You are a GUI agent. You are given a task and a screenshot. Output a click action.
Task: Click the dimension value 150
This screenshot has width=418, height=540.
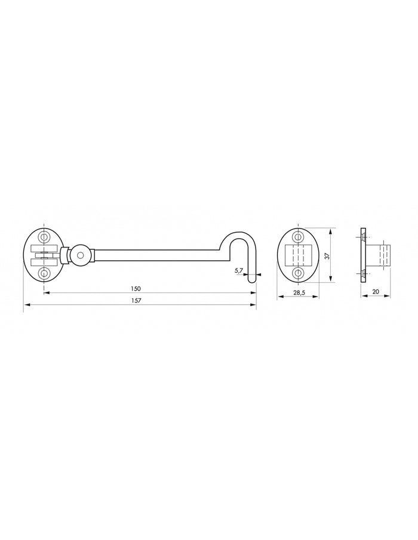(136, 288)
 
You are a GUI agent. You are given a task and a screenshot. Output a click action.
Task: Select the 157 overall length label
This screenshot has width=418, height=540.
(136, 300)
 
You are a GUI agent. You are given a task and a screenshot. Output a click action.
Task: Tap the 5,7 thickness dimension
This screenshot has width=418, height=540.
(239, 271)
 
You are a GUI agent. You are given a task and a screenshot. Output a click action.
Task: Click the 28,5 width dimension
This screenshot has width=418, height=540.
(300, 292)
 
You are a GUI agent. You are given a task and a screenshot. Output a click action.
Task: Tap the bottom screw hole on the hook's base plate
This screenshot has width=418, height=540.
(44, 274)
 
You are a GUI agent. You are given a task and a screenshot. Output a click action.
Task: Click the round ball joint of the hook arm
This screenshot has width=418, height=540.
(80, 255)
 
